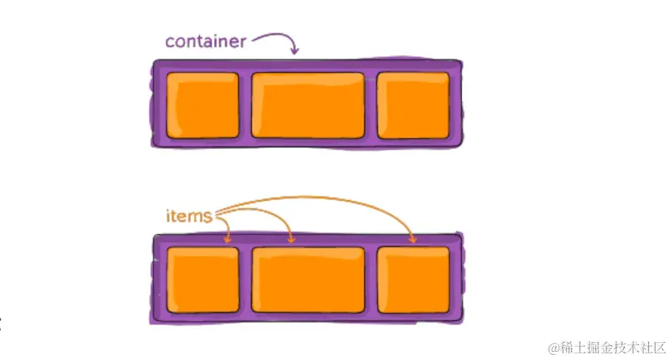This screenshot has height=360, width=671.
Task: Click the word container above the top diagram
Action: tap(205, 41)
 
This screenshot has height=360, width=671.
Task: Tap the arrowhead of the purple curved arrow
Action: tap(295, 50)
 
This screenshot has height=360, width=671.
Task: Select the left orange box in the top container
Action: tap(203, 105)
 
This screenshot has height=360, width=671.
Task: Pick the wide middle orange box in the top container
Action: tap(308, 105)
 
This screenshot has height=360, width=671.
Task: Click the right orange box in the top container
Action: tap(413, 105)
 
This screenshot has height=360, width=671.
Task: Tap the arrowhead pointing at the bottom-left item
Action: tap(228, 240)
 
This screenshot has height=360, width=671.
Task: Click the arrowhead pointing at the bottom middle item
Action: tap(291, 240)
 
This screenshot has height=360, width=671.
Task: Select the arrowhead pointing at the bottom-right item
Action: tap(413, 240)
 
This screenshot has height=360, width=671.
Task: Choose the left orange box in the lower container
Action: tap(203, 280)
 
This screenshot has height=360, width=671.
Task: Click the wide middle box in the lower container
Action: tap(308, 280)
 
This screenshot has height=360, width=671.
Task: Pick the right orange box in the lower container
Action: tap(413, 280)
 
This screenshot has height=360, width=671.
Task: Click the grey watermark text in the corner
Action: tap(607, 347)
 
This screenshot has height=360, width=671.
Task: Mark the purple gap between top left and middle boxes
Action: tap(245, 105)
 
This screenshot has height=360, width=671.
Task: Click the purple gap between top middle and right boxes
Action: tap(371, 105)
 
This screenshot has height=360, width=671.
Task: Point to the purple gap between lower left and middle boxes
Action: tap(245, 280)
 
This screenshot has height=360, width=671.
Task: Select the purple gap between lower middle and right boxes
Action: tap(371, 280)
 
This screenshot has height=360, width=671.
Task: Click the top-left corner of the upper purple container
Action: tap(154, 61)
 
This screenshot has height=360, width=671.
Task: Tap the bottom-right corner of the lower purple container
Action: tap(462, 322)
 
